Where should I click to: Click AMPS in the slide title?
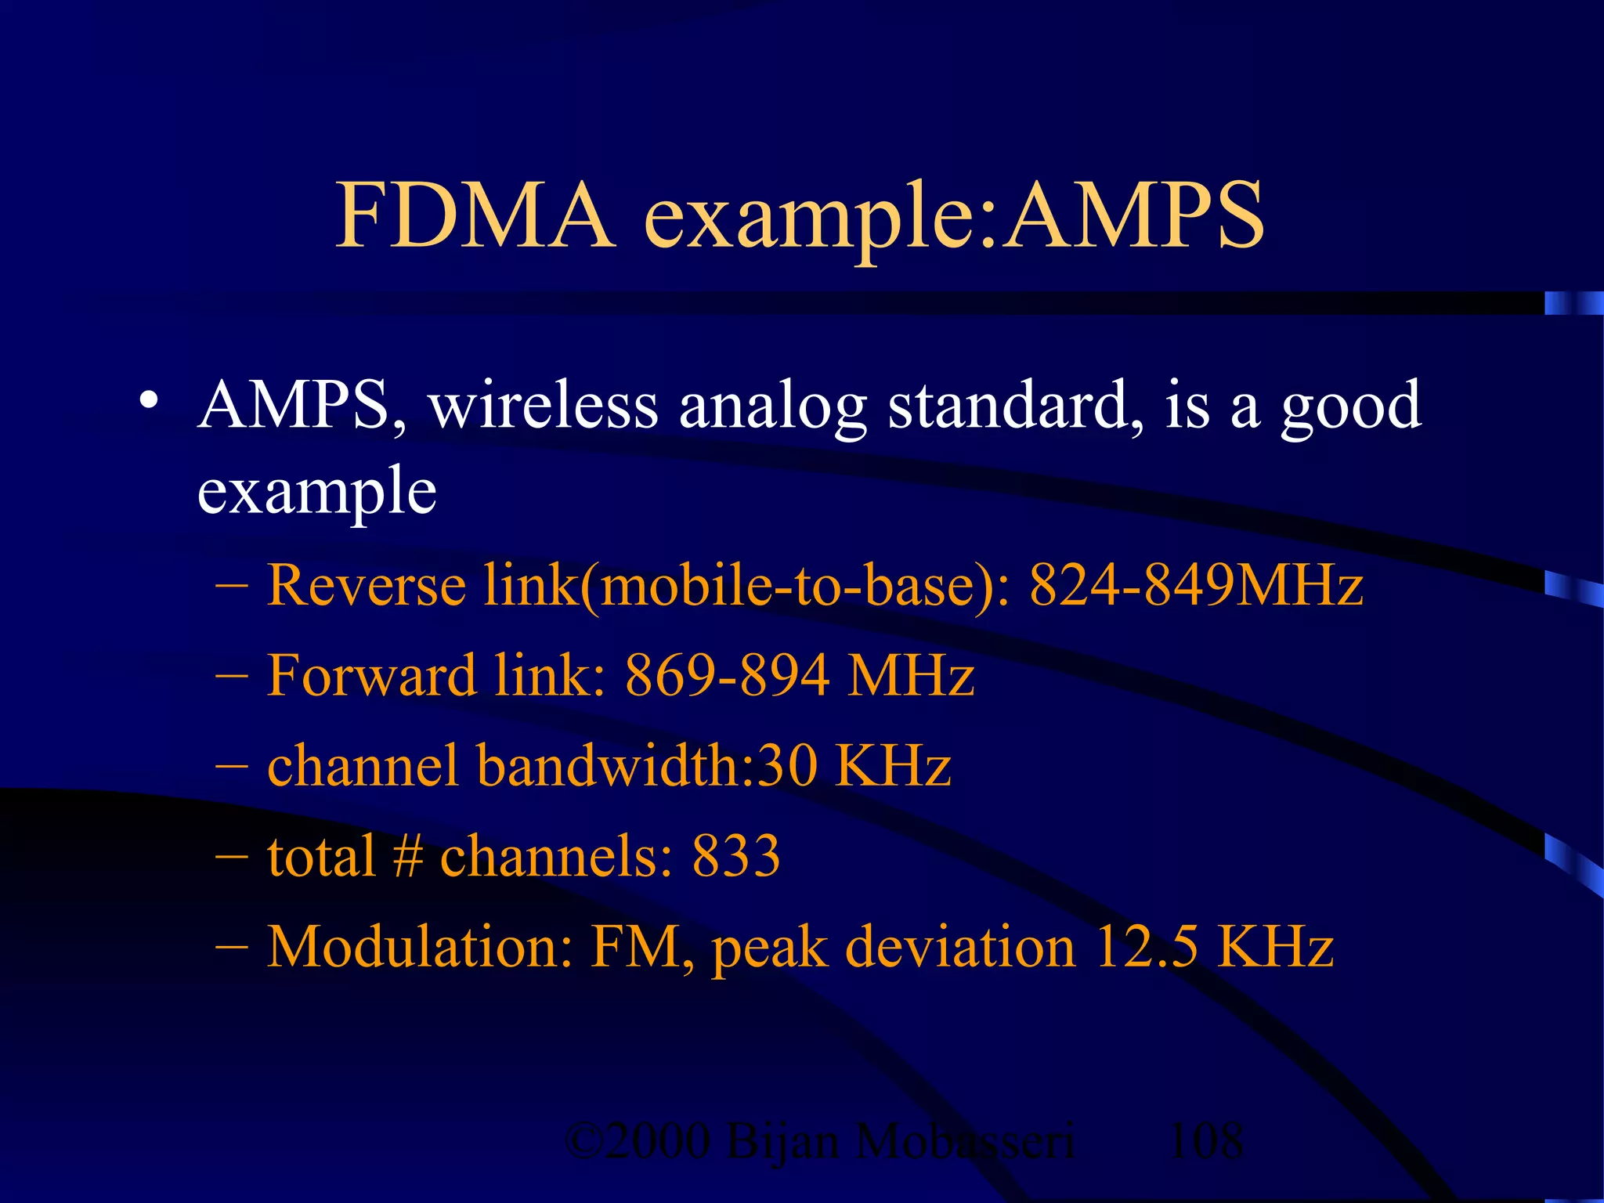pyautogui.click(x=1135, y=215)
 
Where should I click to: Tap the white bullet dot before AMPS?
pyautogui.click(x=148, y=401)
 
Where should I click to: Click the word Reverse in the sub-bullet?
pyautogui.click(x=367, y=585)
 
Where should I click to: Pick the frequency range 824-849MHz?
pyautogui.click(x=1196, y=585)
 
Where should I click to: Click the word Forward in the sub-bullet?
pyautogui.click(x=371, y=675)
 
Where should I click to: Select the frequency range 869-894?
pyautogui.click(x=726, y=675)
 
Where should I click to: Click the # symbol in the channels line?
pyautogui.click(x=407, y=856)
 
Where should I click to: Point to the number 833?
pyautogui.click(x=735, y=856)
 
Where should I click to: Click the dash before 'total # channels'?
pyautogui.click(x=231, y=856)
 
